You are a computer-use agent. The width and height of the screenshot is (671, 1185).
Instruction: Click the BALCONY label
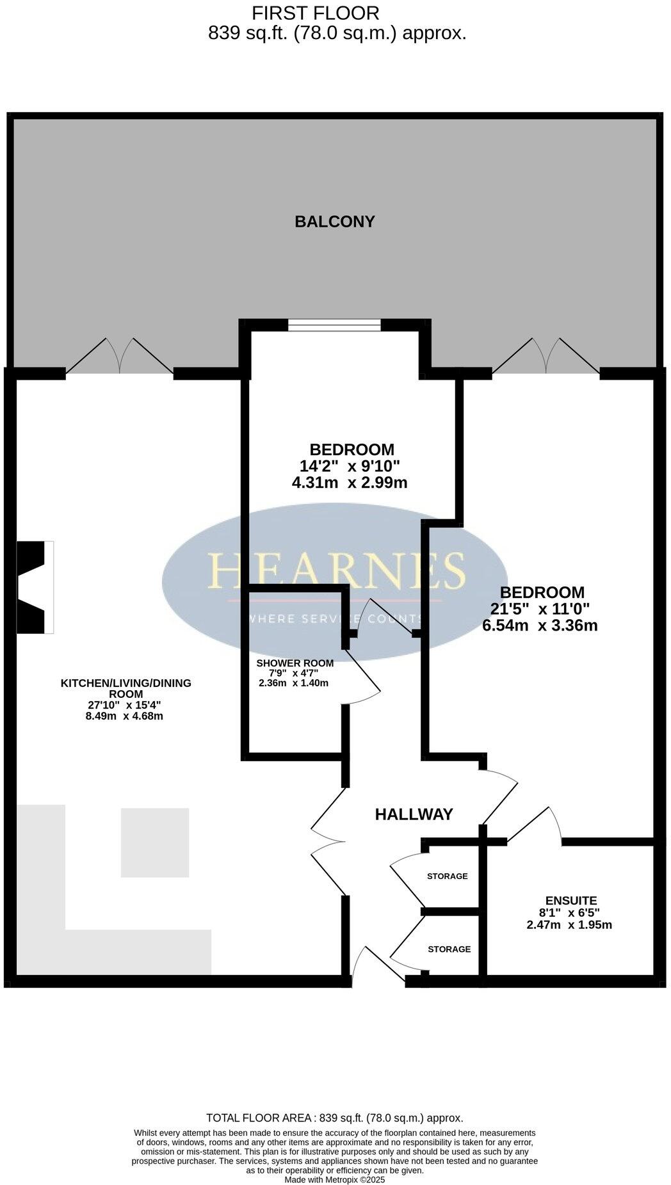click(334, 222)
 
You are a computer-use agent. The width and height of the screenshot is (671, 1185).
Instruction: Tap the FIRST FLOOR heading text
click(315, 13)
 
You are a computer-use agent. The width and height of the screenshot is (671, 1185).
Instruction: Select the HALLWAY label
click(414, 814)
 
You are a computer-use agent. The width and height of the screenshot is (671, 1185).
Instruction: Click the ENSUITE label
click(571, 900)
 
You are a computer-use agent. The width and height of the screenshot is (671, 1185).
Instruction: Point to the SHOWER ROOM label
click(295, 663)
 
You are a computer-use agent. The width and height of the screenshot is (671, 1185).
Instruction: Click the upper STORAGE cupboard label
click(447, 876)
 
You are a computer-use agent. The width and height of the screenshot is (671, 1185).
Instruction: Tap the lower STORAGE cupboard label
click(449, 949)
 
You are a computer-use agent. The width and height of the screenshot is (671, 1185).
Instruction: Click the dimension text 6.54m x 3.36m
click(540, 625)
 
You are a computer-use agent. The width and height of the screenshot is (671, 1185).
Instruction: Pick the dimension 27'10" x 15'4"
click(124, 705)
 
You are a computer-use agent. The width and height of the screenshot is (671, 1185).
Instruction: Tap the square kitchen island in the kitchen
click(155, 842)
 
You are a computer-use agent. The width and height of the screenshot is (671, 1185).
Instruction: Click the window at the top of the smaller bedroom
click(334, 326)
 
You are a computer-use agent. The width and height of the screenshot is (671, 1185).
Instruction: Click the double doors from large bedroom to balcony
click(546, 357)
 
